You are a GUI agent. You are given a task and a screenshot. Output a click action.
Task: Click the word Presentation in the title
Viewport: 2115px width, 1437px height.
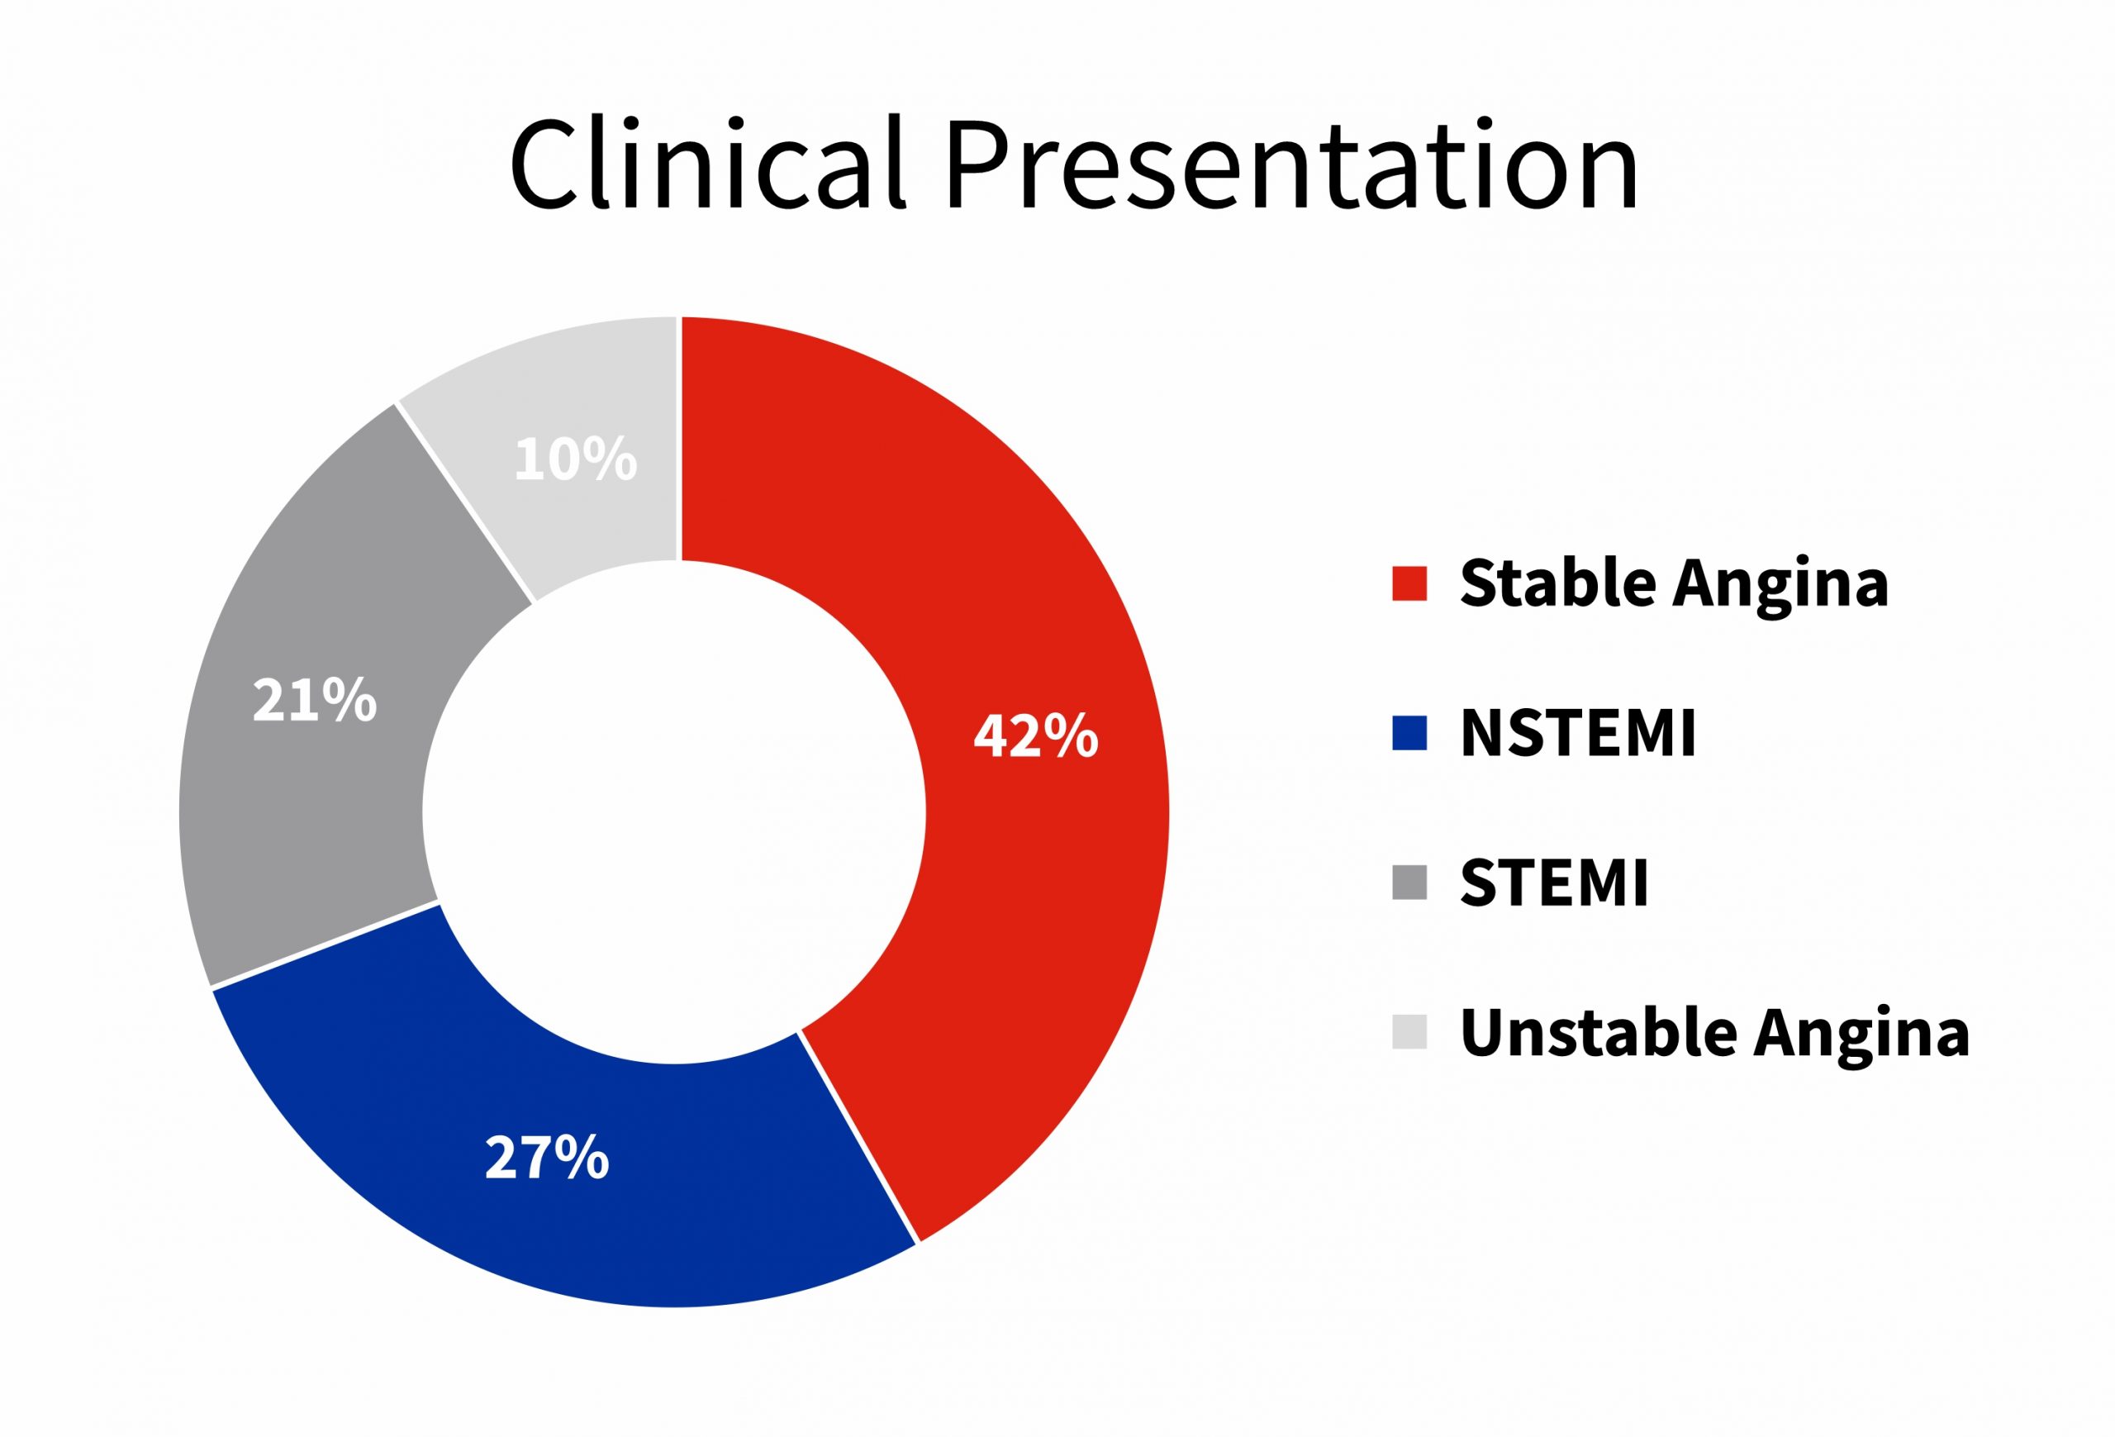click(x=1291, y=164)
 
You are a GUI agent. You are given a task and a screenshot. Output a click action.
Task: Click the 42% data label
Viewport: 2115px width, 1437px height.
click(x=1036, y=735)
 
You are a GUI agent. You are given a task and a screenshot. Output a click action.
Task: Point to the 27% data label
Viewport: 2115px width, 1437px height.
click(x=547, y=1157)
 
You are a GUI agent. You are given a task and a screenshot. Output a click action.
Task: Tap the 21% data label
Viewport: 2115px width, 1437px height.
click(x=314, y=700)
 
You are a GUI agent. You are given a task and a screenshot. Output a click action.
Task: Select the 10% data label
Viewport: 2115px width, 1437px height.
click(x=575, y=459)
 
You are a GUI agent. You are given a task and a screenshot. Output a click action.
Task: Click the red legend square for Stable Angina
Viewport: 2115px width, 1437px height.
click(x=1409, y=583)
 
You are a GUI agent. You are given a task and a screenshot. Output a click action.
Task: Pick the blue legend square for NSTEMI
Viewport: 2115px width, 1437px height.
click(x=1409, y=733)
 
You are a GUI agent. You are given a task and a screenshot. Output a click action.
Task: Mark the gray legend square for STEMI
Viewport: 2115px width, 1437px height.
click(x=1409, y=882)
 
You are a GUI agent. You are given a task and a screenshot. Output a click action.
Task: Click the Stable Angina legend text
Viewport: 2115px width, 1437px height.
click(x=1675, y=585)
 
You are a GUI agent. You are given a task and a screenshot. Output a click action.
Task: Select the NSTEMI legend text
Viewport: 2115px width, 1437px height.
click(x=1578, y=733)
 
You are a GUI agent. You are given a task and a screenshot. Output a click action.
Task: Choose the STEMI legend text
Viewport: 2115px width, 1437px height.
click(x=1554, y=882)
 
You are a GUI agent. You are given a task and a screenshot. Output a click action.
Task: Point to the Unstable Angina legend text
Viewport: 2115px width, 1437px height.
click(x=1715, y=1034)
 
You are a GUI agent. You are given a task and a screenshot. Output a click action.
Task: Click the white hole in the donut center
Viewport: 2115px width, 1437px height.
click(x=674, y=811)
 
